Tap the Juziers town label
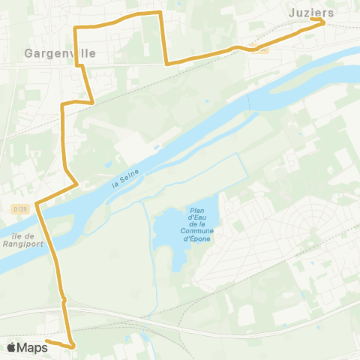pyautogui.click(x=310, y=12)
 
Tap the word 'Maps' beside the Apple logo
pyautogui.click(x=32, y=347)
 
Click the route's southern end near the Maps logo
pyautogui.click(x=47, y=341)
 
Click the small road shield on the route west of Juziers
pyautogui.click(x=260, y=49)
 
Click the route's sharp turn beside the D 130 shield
pyautogui.click(x=36, y=204)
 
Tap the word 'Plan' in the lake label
pyautogui.click(x=198, y=211)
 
